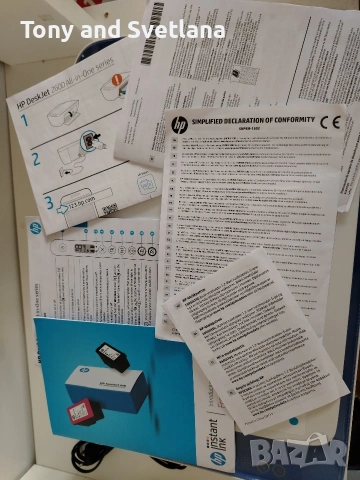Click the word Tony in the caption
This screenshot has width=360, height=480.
pyautogui.click(x=45, y=29)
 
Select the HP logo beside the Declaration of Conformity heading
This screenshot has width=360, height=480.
pyautogui.click(x=179, y=124)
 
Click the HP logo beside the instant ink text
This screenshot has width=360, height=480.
pyautogui.click(x=212, y=458)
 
